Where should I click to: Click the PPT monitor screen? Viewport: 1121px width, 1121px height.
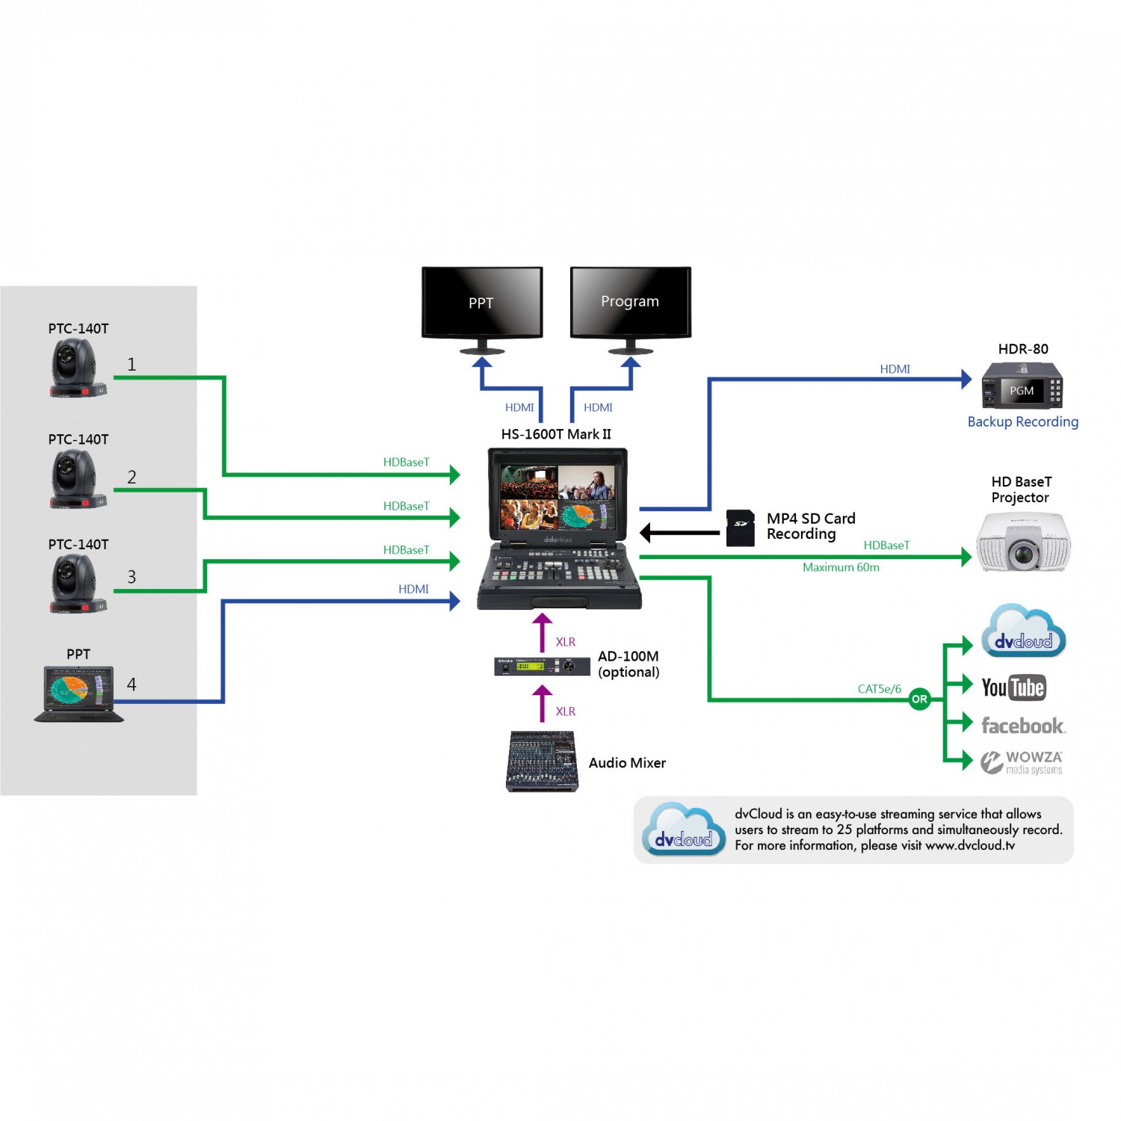pos(482,303)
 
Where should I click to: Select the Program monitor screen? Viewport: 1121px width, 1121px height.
pos(630,301)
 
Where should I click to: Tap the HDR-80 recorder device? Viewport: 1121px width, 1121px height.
pos(1022,386)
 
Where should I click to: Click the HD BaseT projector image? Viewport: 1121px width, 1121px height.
pos(1023,542)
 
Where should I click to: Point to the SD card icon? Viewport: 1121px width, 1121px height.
pos(740,528)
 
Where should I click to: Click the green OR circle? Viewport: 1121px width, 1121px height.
pos(919,700)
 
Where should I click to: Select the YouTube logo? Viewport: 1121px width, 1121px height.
pos(1013,688)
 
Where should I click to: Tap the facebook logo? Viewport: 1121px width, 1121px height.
pos(1022,726)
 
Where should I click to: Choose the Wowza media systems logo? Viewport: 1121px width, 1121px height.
pos(1022,762)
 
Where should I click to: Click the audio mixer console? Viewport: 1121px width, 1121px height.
pos(543,762)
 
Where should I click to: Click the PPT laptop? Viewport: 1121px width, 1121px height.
pos(78,694)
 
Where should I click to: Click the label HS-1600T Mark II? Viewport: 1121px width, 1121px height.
pos(556,434)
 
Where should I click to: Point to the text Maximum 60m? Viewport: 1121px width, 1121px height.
pos(841,567)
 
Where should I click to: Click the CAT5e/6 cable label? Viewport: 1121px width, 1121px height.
pos(879,689)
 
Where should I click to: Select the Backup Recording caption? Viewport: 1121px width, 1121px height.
pos(1022,421)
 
